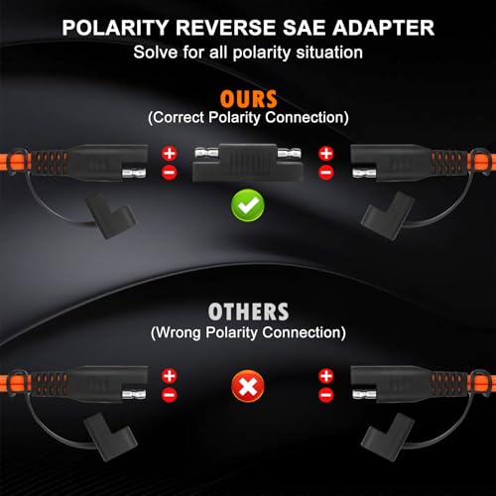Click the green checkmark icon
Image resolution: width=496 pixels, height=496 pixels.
tap(248, 205)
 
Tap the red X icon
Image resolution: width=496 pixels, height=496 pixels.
tap(248, 386)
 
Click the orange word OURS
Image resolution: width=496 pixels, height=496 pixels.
tap(248, 99)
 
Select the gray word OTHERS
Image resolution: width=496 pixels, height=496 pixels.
tap(248, 311)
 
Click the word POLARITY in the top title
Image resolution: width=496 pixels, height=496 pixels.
tap(116, 28)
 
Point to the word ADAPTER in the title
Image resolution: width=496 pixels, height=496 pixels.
tap(384, 28)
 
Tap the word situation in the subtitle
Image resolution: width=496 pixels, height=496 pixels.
tap(329, 53)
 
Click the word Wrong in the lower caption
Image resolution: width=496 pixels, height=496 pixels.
tap(179, 332)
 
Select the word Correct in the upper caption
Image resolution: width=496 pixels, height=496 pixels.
tap(179, 117)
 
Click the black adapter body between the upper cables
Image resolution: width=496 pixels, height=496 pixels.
tap(248, 163)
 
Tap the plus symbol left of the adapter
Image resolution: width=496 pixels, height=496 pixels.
tap(170, 154)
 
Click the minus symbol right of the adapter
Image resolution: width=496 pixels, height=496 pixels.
tap(326, 173)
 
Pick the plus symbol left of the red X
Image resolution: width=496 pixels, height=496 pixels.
tap(170, 376)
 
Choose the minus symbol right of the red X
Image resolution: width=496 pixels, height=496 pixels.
tap(326, 395)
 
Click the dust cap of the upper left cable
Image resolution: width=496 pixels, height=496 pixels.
tap(111, 215)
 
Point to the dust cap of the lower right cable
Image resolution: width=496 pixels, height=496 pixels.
tap(387, 437)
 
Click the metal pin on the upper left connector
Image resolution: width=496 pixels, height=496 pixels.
tap(134, 173)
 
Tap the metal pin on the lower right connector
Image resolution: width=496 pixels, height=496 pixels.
tap(364, 395)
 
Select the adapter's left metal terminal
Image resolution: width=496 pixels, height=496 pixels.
tap(206, 154)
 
